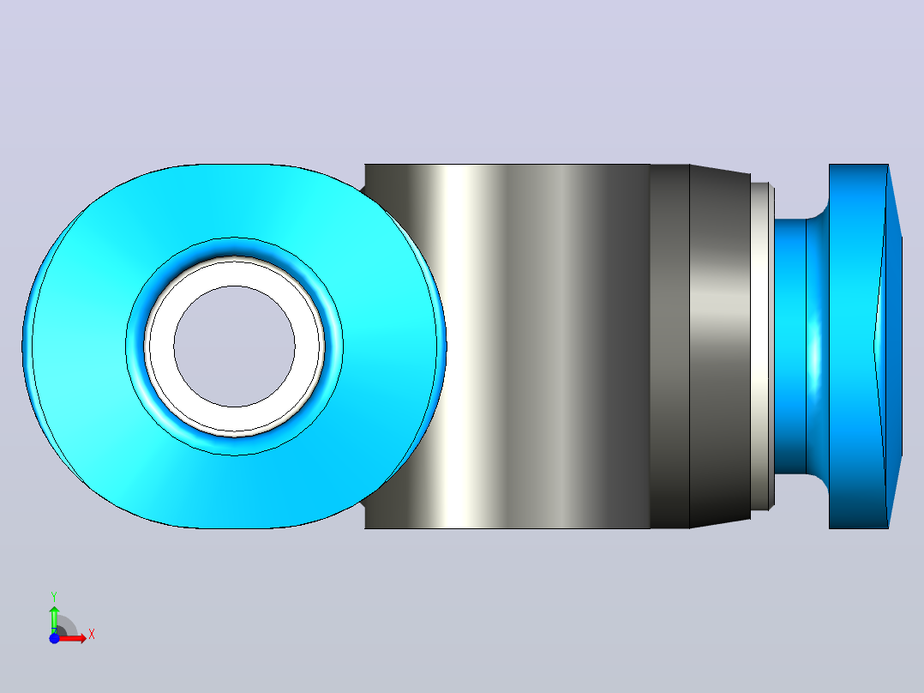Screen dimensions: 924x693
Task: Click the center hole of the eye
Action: [235, 346]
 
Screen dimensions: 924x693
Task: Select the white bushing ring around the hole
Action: [235, 273]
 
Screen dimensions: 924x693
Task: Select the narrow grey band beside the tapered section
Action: [670, 346]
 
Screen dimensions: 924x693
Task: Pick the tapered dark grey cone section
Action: [720, 346]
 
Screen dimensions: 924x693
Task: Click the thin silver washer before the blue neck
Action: [763, 346]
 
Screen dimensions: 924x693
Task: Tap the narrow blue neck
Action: [790, 346]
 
